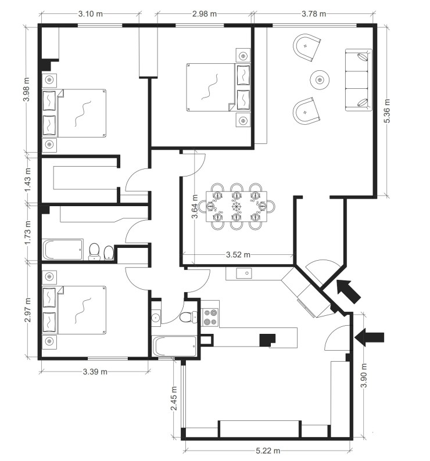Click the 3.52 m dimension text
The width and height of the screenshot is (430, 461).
coord(238,254)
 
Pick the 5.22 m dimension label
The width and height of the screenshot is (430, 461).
coord(268,451)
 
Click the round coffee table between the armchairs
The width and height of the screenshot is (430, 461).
coord(319,79)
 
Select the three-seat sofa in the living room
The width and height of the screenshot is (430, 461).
coord(358,80)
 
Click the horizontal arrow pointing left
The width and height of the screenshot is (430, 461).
coord(370,336)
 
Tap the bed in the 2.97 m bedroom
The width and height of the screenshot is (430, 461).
coord(75,311)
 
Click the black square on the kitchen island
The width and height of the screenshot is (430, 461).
coord(268,340)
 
